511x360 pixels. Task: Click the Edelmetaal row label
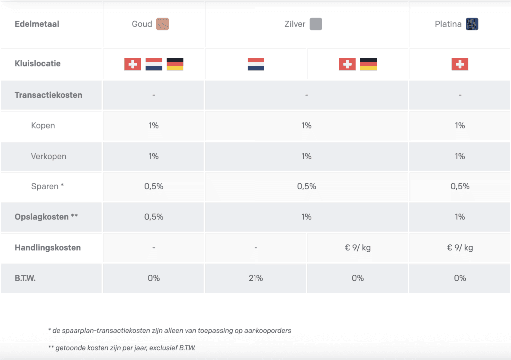(x=37, y=24)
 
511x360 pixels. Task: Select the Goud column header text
(x=142, y=24)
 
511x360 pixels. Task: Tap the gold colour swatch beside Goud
(x=162, y=24)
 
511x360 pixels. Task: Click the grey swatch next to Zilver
(x=315, y=24)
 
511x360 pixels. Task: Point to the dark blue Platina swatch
(x=472, y=24)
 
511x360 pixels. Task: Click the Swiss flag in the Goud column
(x=133, y=64)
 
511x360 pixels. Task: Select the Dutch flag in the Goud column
(x=154, y=64)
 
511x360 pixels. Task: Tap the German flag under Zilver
(x=368, y=64)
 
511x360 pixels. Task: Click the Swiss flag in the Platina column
(x=460, y=64)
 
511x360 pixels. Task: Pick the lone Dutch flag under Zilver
(x=255, y=64)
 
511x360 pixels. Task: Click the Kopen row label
(x=43, y=126)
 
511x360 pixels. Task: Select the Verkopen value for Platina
(x=460, y=156)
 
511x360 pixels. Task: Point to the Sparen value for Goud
(x=154, y=186)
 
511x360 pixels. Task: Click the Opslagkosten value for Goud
(x=154, y=217)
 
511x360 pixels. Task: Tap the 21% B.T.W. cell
(x=255, y=278)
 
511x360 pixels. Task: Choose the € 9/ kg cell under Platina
(x=460, y=247)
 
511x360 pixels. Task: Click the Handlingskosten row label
(x=48, y=247)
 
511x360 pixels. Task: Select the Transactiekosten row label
(x=49, y=95)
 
